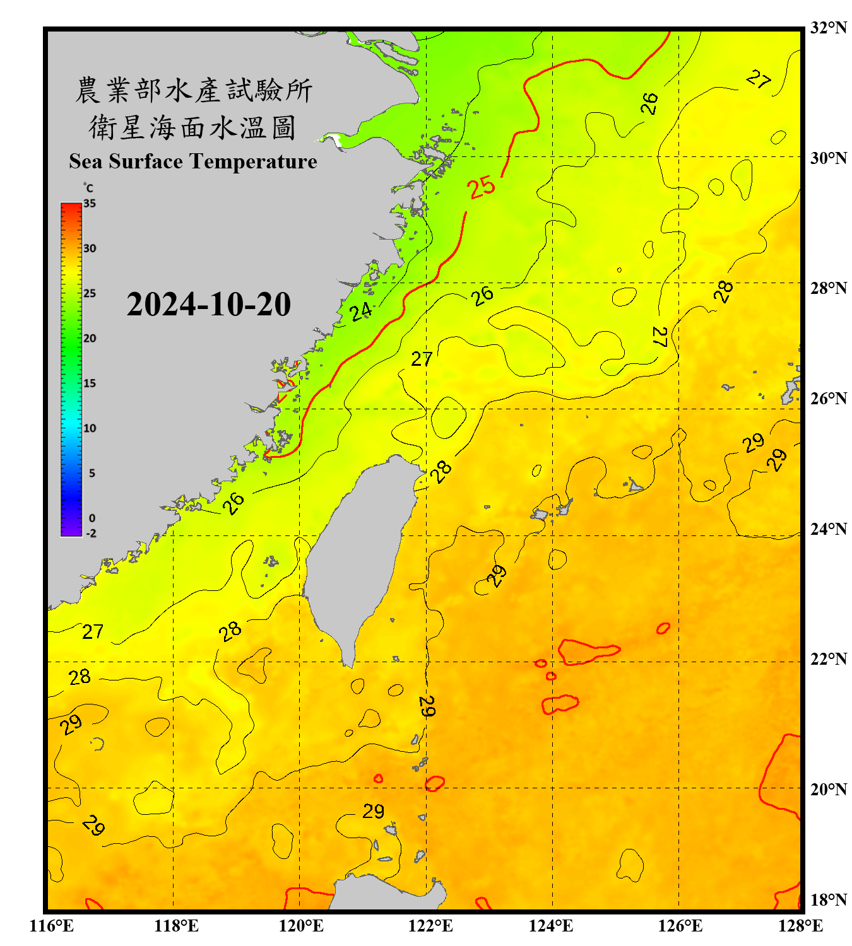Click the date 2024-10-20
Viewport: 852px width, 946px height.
coord(208,305)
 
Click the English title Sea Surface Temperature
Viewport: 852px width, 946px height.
coord(193,161)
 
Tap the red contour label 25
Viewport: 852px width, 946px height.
coord(482,187)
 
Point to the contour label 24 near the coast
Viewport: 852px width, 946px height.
coord(361,312)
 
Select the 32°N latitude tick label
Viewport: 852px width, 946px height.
coord(828,28)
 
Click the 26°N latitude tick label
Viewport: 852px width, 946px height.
coord(828,399)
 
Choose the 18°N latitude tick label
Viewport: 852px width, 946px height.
coord(828,900)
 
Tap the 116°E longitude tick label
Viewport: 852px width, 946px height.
coord(52,926)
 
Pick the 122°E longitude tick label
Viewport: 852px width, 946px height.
coord(430,926)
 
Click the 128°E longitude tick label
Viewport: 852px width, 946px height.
coord(800,926)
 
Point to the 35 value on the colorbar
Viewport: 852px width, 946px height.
coord(90,204)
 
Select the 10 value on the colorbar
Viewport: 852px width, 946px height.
coord(90,428)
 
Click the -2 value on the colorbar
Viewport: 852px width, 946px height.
coord(91,534)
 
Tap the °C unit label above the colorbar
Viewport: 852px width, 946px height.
coord(88,188)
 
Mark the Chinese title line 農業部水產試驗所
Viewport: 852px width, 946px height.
coord(193,90)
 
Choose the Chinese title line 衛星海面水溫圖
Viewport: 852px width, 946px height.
coord(193,128)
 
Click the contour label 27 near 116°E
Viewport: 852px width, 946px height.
coord(93,631)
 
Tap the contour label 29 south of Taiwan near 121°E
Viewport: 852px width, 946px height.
coord(374,811)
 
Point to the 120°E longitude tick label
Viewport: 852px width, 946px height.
coord(301,926)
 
